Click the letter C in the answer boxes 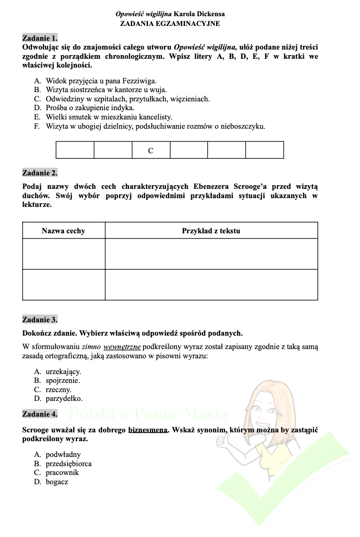click(x=151, y=150)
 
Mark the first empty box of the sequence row click(x=75, y=150)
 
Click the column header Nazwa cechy click(x=63, y=231)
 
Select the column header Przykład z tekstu click(x=211, y=231)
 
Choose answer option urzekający click(x=63, y=371)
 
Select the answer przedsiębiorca click(x=68, y=463)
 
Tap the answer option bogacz click(x=57, y=482)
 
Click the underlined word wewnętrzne click(x=122, y=346)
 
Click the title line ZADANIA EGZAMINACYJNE click(x=170, y=23)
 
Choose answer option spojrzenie click(x=63, y=381)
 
